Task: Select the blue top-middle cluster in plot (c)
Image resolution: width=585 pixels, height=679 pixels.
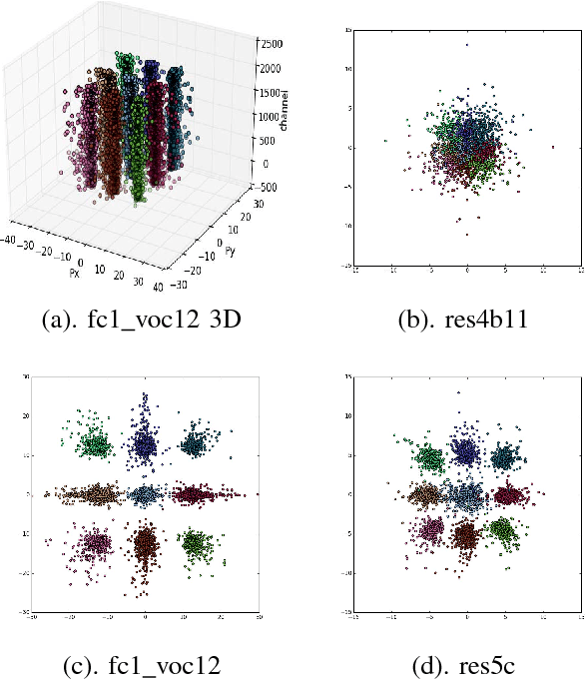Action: (x=146, y=440)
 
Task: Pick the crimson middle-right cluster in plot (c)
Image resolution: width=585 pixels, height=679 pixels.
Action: (x=195, y=493)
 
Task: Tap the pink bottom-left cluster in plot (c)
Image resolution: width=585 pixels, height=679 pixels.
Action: (x=98, y=543)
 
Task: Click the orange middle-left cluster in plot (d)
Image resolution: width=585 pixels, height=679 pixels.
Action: (x=430, y=493)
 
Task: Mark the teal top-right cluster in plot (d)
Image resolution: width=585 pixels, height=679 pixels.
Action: (x=503, y=457)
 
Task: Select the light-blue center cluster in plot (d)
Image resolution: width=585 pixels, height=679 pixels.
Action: (x=466, y=496)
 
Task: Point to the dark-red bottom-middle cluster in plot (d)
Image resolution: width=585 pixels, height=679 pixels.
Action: (x=466, y=534)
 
